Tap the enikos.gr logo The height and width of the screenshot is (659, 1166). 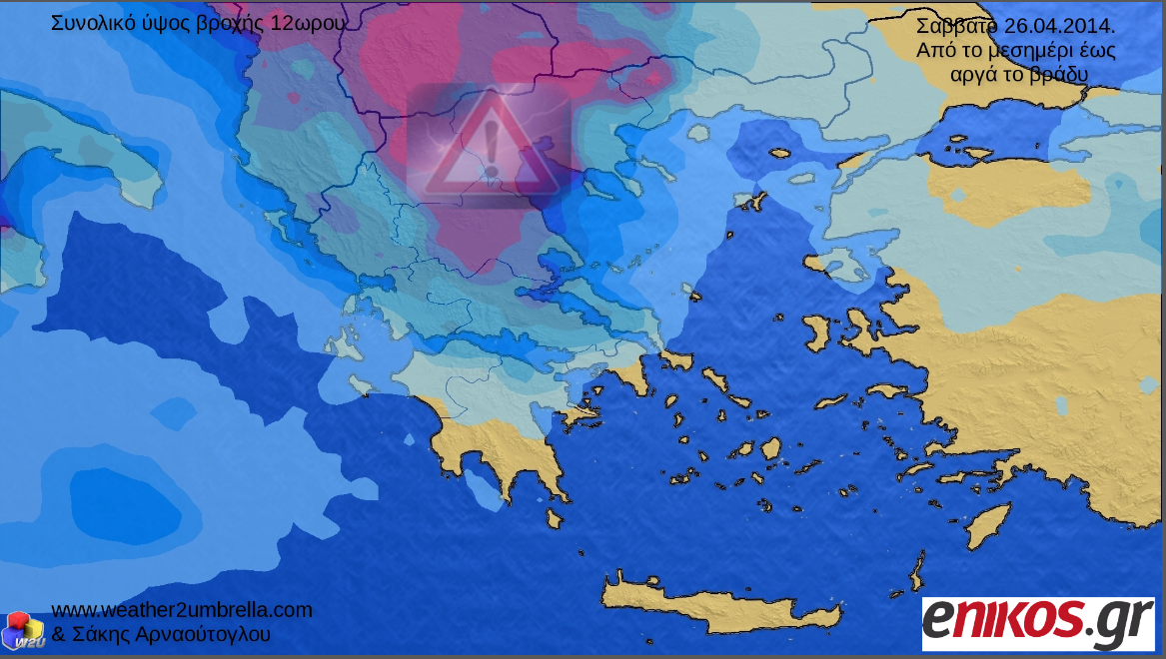coord(1037,618)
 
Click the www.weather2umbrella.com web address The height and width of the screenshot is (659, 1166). coord(181,609)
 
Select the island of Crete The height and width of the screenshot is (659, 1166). coord(719,600)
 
